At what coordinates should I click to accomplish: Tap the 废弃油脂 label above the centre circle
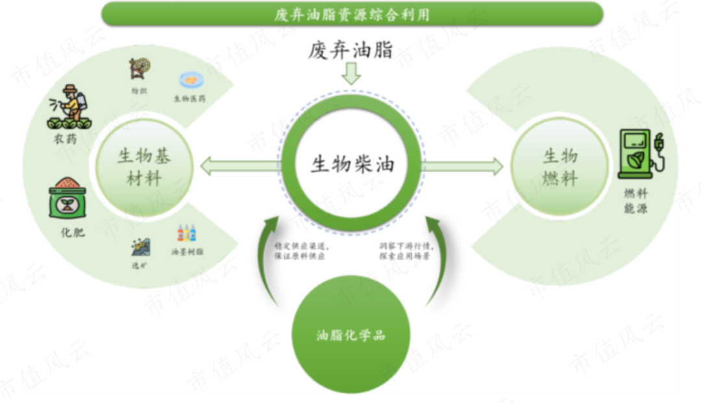point(350,49)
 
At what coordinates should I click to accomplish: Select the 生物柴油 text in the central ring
point(352,164)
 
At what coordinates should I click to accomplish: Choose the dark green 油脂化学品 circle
point(350,335)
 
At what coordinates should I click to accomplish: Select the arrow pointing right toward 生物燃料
point(463,166)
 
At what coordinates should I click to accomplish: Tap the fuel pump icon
point(640,153)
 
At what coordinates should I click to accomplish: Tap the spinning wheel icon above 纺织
point(139,69)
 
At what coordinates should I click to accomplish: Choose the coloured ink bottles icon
point(186,233)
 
